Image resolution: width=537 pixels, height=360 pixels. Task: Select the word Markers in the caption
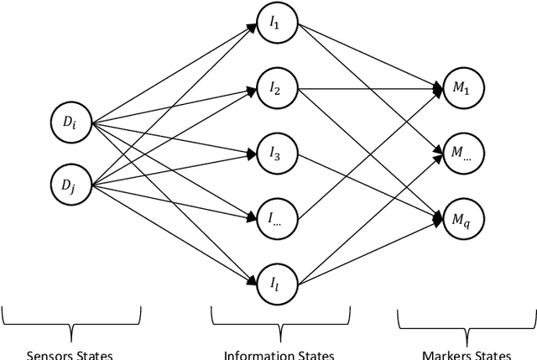pos(443,354)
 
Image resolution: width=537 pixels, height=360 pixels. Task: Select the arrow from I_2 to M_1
pos(369,88)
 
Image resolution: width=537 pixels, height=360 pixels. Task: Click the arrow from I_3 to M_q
pos(369,185)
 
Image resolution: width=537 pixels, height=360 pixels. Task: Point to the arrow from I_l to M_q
pos(369,250)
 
